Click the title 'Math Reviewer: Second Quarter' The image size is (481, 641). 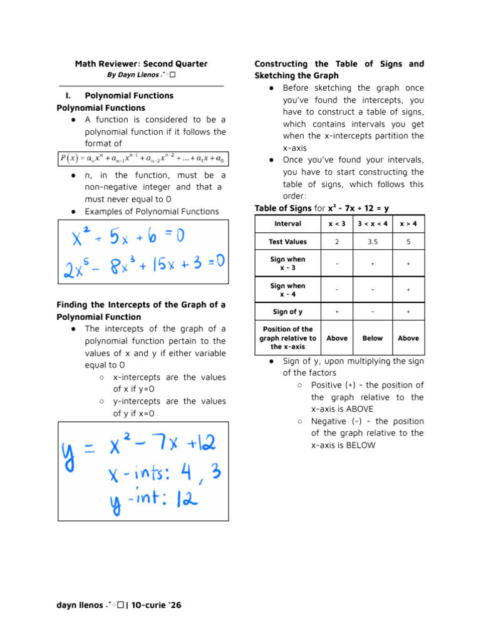pyautogui.click(x=141, y=64)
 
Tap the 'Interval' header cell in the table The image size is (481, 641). pyautogui.click(x=287, y=223)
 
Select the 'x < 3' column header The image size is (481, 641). pyautogui.click(x=337, y=223)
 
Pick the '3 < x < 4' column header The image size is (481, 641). pyautogui.click(x=372, y=223)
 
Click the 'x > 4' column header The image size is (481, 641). pyautogui.click(x=408, y=223)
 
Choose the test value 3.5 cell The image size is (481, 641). pyautogui.click(x=372, y=242)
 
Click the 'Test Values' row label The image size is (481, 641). pyautogui.click(x=287, y=242)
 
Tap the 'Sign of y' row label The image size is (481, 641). pyautogui.click(x=287, y=311)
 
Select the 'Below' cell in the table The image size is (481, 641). pyautogui.click(x=372, y=338)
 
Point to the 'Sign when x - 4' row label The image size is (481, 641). pyautogui.click(x=287, y=290)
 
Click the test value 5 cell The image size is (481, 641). pyautogui.click(x=408, y=242)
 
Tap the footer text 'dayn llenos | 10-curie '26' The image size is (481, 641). pyautogui.click(x=119, y=605)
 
